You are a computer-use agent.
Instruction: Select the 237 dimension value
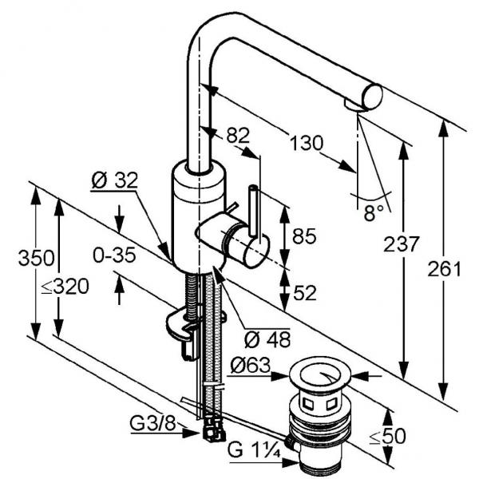402,244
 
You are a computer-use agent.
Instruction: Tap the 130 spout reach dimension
306,144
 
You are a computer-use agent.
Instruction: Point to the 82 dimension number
238,136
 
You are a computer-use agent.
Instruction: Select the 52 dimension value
304,293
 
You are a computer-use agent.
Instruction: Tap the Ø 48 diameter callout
266,338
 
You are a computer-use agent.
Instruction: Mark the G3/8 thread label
153,422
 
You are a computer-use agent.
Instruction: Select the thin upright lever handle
254,212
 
